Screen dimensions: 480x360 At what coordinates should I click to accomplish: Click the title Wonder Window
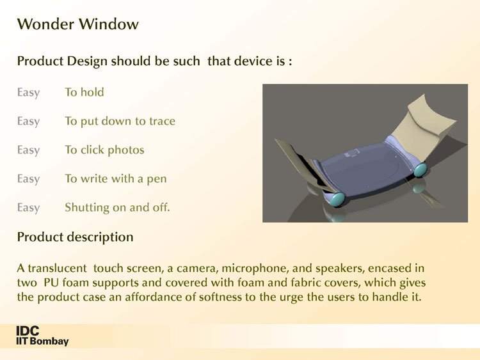point(77,24)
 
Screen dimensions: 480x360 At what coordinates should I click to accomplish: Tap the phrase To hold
point(84,92)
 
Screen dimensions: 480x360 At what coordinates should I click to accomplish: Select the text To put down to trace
point(120,121)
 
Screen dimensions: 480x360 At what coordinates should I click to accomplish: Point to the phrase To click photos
point(104,150)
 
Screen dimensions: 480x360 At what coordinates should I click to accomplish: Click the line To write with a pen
point(116,178)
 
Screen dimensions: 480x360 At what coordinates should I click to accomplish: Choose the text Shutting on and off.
point(117,207)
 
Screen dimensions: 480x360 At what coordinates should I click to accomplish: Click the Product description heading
point(75,237)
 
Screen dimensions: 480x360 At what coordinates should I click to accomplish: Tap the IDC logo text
point(28,331)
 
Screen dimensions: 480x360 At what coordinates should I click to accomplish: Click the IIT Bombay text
point(42,341)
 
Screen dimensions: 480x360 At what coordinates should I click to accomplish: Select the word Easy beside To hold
point(28,92)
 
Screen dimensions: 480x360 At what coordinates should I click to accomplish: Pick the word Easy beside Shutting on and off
point(28,208)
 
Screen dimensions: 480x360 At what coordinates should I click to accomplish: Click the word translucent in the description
point(57,268)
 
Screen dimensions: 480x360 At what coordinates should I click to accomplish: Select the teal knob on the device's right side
point(420,169)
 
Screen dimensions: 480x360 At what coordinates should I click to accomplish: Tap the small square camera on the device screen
point(353,153)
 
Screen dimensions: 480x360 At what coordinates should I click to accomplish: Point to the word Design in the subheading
point(87,61)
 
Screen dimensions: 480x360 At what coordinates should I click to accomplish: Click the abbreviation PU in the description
point(51,283)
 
